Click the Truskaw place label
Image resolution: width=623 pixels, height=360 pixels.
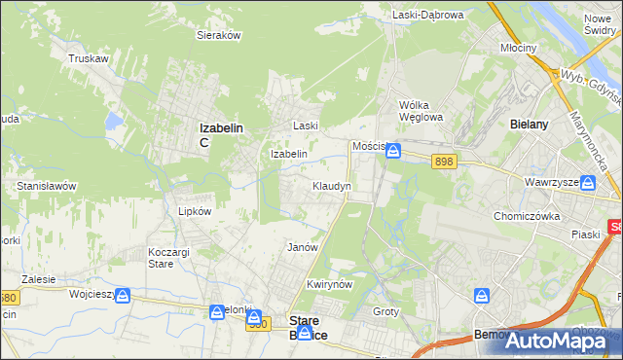point(87,58)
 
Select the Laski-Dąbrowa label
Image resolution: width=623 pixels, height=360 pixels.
point(428,15)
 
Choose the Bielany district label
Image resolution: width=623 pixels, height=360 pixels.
point(531,125)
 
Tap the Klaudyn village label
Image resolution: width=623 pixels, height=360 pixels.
point(331,185)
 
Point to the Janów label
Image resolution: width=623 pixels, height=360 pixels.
point(303,247)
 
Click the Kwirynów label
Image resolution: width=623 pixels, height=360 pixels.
point(328,284)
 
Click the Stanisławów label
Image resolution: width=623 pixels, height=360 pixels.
point(46,185)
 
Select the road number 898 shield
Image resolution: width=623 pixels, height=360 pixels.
point(445,162)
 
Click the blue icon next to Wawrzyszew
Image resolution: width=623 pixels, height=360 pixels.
point(588,184)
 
